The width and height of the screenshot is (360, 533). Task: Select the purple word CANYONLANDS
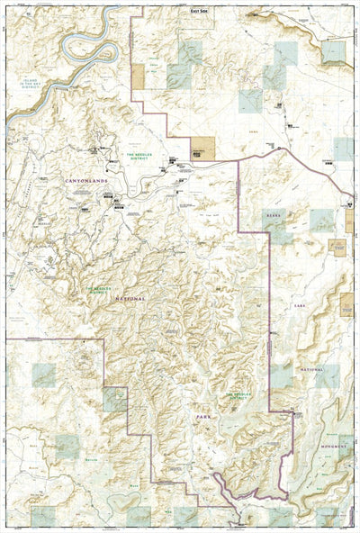(x=85, y=181)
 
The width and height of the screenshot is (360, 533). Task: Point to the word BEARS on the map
(x=274, y=216)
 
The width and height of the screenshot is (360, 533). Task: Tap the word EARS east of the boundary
(x=297, y=306)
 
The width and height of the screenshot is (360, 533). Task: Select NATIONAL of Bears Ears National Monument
(x=310, y=369)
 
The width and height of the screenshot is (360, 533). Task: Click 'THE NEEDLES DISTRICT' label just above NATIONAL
(x=103, y=289)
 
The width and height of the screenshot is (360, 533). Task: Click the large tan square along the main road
(x=202, y=146)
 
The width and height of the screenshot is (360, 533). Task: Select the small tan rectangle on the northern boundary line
(x=138, y=77)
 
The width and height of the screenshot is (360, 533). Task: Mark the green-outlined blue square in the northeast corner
(x=335, y=51)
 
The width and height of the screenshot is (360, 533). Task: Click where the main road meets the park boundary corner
(x=238, y=161)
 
